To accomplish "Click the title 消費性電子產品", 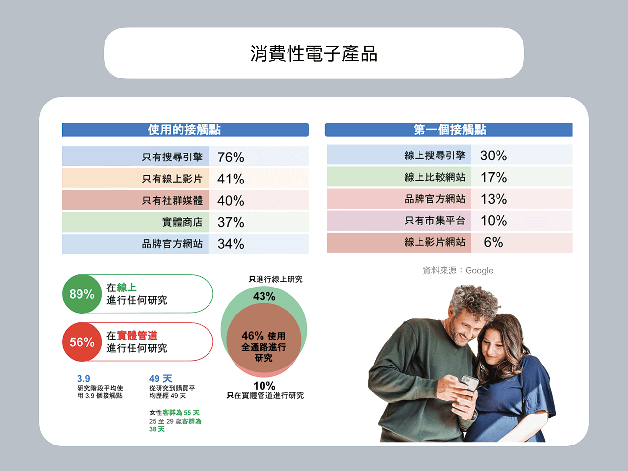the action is pyautogui.click(x=314, y=53).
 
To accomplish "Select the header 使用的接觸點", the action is pyautogui.click(x=184, y=130).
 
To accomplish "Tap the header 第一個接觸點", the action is pyautogui.click(x=449, y=130).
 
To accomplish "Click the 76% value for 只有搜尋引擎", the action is pyautogui.click(x=231, y=157).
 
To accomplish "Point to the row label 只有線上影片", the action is pyautogui.click(x=172, y=179).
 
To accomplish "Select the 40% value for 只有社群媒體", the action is pyautogui.click(x=231, y=201).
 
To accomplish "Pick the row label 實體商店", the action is pyautogui.click(x=182, y=222).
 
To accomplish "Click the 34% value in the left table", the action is pyautogui.click(x=231, y=244).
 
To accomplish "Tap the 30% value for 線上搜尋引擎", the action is pyautogui.click(x=494, y=156).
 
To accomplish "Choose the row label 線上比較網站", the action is pyautogui.click(x=435, y=177).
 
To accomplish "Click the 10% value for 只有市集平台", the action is pyautogui.click(x=494, y=220).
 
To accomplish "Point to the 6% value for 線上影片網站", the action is pyautogui.click(x=494, y=242).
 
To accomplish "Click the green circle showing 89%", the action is pyautogui.click(x=82, y=294).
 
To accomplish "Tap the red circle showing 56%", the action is pyautogui.click(x=82, y=342).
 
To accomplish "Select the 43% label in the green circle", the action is pyautogui.click(x=264, y=296).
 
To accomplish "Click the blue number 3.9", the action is pyautogui.click(x=83, y=379).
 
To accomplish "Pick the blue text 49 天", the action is pyautogui.click(x=160, y=379).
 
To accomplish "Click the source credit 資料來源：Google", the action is pyautogui.click(x=458, y=270).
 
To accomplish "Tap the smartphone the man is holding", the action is pyautogui.click(x=469, y=382).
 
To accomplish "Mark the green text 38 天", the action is pyautogui.click(x=157, y=429).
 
